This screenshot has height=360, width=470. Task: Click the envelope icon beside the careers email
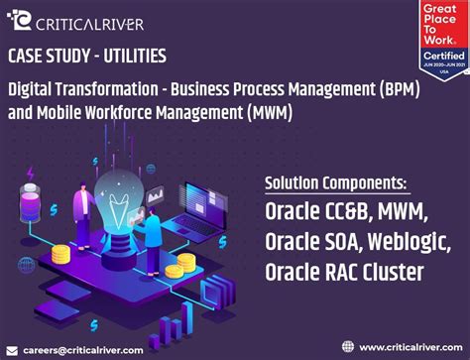coord(11,349)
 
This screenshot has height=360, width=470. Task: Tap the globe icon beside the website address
coord(347,346)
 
